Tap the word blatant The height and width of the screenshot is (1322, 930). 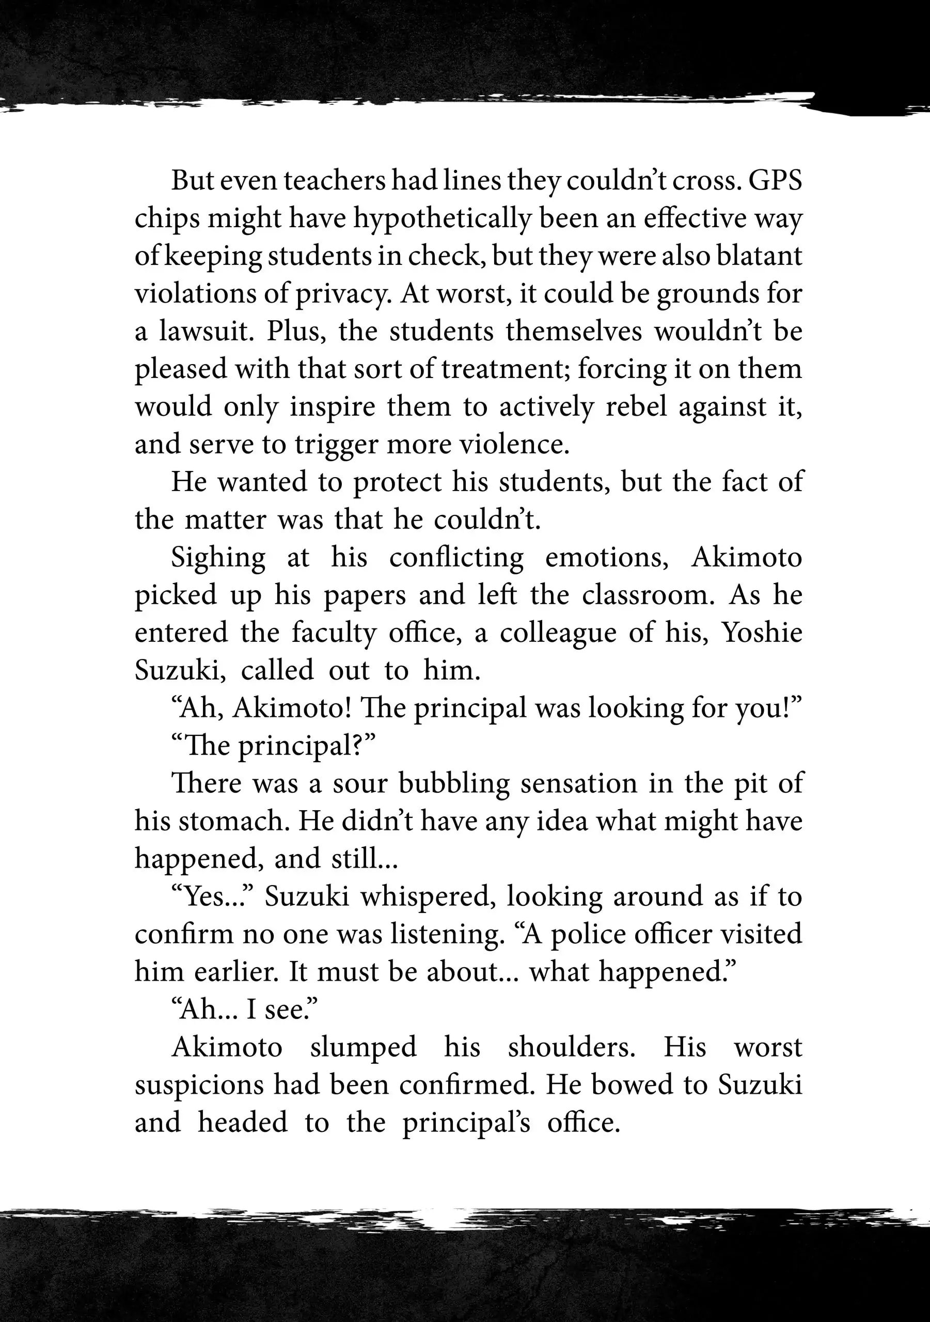[x=759, y=256]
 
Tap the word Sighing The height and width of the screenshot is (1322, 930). [x=218, y=558]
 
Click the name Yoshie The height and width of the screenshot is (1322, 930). [x=762, y=633]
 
